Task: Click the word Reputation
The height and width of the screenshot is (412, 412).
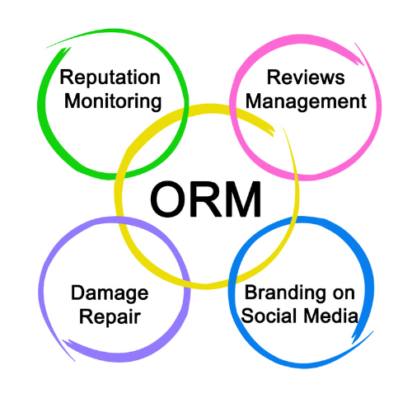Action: (110, 78)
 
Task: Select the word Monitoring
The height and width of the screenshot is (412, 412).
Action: (113, 102)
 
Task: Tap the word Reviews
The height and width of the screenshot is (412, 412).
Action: (306, 77)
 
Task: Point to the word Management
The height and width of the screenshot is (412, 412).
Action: (306, 102)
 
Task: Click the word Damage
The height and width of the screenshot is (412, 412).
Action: (110, 294)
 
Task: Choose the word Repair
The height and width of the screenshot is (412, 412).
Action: (110, 317)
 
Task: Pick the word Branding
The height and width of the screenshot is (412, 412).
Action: (284, 293)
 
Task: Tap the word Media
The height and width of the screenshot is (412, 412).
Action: (331, 316)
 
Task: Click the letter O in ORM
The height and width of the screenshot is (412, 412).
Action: (168, 199)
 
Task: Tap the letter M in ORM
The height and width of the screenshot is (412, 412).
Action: (243, 199)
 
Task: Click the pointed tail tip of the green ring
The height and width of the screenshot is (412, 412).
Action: (47, 48)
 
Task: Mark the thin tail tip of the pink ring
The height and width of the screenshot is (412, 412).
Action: (354, 43)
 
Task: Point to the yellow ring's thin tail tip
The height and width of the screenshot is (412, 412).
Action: (282, 127)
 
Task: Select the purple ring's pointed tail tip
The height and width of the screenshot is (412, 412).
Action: (75, 361)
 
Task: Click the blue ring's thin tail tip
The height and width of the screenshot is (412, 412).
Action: (374, 331)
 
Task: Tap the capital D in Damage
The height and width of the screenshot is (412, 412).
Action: (78, 293)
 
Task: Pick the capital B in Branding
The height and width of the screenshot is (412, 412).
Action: (251, 293)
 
